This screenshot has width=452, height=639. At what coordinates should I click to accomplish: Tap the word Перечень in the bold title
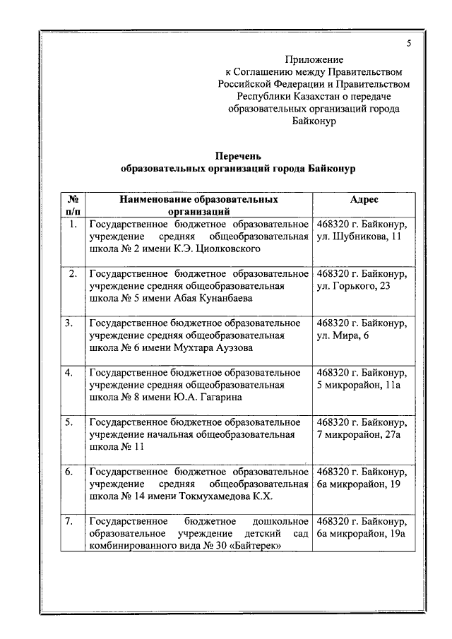pyautogui.click(x=238, y=156)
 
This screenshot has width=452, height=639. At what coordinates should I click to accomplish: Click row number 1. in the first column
pyautogui.click(x=72, y=225)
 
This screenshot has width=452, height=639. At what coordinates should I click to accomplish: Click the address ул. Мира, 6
pyautogui.click(x=343, y=335)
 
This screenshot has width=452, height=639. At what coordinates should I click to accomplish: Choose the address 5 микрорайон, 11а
pyautogui.click(x=359, y=385)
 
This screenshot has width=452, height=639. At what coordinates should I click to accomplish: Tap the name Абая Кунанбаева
pyautogui.click(x=210, y=298)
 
